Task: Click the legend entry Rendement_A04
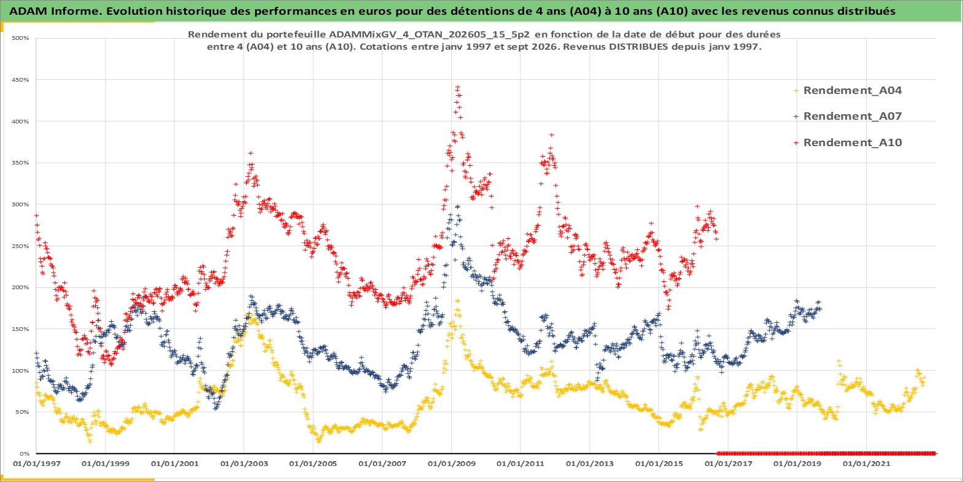point(848,90)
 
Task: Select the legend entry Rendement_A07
point(848,116)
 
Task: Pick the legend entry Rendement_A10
point(848,142)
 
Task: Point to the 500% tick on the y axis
point(20,38)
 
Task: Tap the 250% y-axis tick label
point(20,246)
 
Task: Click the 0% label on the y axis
point(25,454)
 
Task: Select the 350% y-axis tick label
point(20,163)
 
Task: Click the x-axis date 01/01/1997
point(37,464)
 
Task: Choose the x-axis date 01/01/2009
point(451,464)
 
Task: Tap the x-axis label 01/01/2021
point(866,464)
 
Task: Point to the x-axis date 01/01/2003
point(244,464)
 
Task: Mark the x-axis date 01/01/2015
point(659,464)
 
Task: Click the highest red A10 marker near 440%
point(458,87)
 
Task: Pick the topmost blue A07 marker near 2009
point(458,207)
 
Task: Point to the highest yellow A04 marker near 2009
point(457,301)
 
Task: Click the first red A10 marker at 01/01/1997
point(37,216)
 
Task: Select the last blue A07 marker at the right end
point(819,302)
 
